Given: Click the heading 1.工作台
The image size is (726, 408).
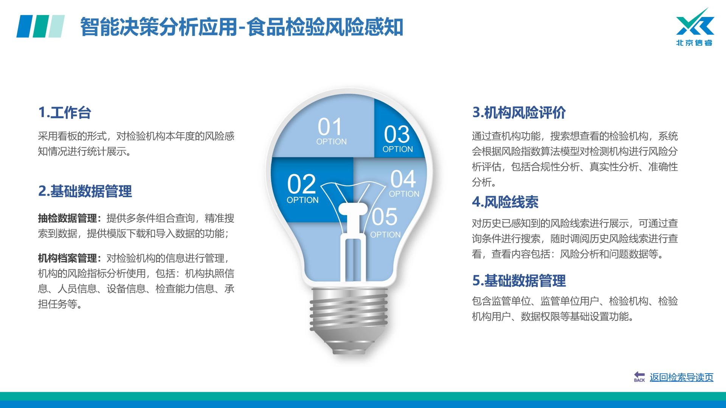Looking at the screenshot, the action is [x=65, y=113].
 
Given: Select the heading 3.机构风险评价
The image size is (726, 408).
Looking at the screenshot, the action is [x=519, y=113].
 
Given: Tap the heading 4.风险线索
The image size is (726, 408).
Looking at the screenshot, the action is [x=505, y=202].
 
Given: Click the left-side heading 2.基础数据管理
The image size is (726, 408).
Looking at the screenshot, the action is [x=85, y=191].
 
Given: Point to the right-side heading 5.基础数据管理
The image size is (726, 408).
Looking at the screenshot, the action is [x=519, y=281].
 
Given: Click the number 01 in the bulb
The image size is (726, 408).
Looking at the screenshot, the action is [x=330, y=127].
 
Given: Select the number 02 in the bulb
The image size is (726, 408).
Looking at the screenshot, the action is [x=301, y=184].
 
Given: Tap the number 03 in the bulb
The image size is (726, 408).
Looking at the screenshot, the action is [x=397, y=134].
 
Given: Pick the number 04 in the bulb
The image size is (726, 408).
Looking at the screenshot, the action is [x=403, y=179].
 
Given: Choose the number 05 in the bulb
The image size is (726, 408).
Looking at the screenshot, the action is [x=384, y=217].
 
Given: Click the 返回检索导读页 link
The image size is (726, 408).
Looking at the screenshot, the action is [x=681, y=377].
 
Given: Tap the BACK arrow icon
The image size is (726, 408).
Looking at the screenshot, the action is [x=639, y=376].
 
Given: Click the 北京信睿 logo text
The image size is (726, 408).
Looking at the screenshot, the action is [x=694, y=43].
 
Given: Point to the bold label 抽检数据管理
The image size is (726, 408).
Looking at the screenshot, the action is [x=68, y=218].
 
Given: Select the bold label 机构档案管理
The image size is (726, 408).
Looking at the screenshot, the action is [x=68, y=258].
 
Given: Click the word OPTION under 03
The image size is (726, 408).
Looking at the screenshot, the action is [x=397, y=149].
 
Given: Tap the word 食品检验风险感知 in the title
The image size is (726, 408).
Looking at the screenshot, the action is [x=325, y=27].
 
